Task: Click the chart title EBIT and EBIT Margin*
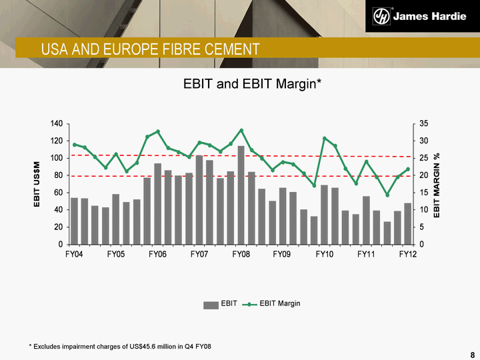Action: (253, 85)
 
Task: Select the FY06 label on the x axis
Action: (157, 255)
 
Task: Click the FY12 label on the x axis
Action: (407, 255)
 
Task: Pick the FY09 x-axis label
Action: (283, 255)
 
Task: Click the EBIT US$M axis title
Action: (39, 185)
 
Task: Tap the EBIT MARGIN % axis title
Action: (437, 185)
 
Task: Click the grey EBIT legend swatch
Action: (211, 304)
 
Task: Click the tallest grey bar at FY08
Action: (241, 193)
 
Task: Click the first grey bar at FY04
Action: (74, 220)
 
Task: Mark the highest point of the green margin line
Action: (241, 130)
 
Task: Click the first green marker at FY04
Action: (74, 144)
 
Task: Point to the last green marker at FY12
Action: (407, 169)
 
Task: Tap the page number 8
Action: (473, 353)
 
